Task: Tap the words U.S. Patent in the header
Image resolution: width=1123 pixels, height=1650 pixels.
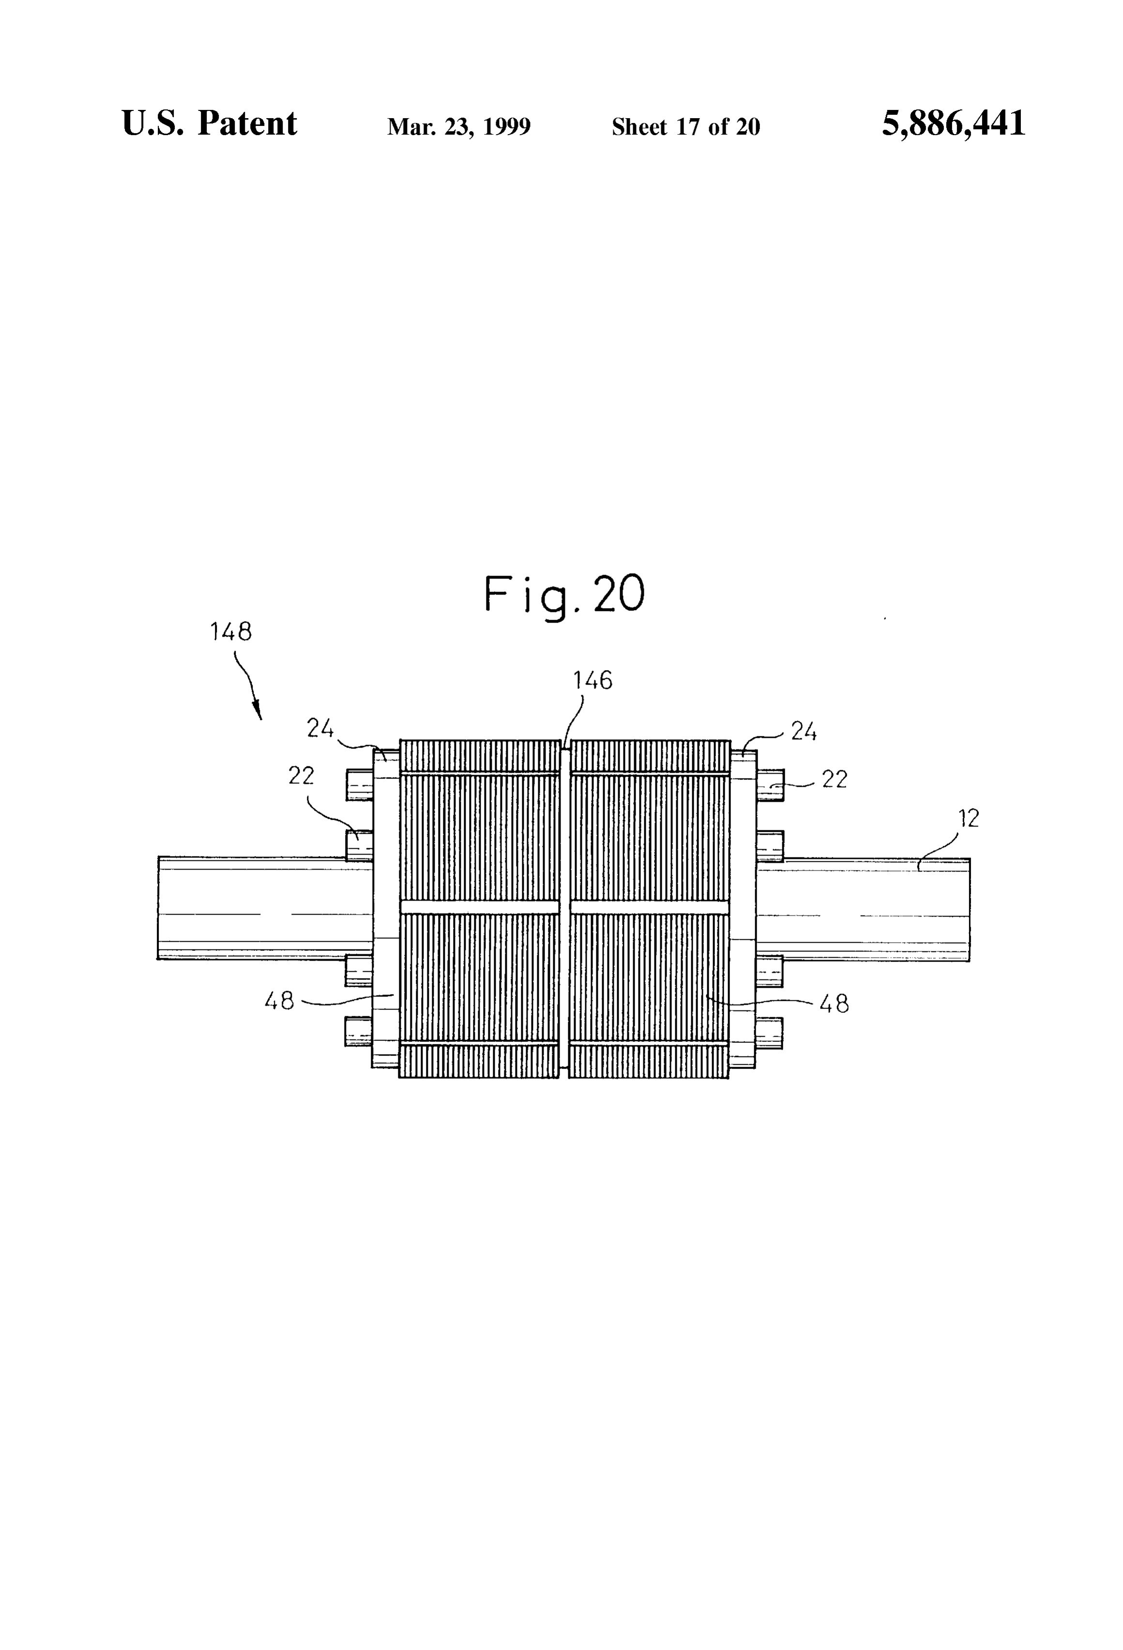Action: point(210,123)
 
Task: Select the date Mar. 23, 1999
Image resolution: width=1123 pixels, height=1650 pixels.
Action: point(458,127)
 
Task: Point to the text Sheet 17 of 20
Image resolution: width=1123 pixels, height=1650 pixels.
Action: point(686,127)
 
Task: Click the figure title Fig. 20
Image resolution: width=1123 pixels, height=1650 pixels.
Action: point(564,596)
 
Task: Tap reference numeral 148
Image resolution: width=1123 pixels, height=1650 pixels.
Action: point(231,631)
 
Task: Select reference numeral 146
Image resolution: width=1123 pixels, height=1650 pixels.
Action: point(593,680)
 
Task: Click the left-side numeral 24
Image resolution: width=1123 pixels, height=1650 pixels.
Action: point(320,728)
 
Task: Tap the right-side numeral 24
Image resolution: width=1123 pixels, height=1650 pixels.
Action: point(804,731)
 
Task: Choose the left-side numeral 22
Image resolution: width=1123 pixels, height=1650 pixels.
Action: point(301,775)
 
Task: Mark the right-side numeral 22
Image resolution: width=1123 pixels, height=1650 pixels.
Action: point(835,779)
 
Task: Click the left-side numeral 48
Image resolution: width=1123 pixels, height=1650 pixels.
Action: point(279,1001)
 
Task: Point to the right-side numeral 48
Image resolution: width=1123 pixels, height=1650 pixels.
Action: point(834,1003)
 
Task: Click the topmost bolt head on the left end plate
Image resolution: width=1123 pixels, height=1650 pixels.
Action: point(359,785)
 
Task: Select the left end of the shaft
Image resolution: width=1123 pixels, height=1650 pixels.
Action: point(158,909)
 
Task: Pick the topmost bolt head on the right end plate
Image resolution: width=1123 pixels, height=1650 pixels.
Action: point(770,785)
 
